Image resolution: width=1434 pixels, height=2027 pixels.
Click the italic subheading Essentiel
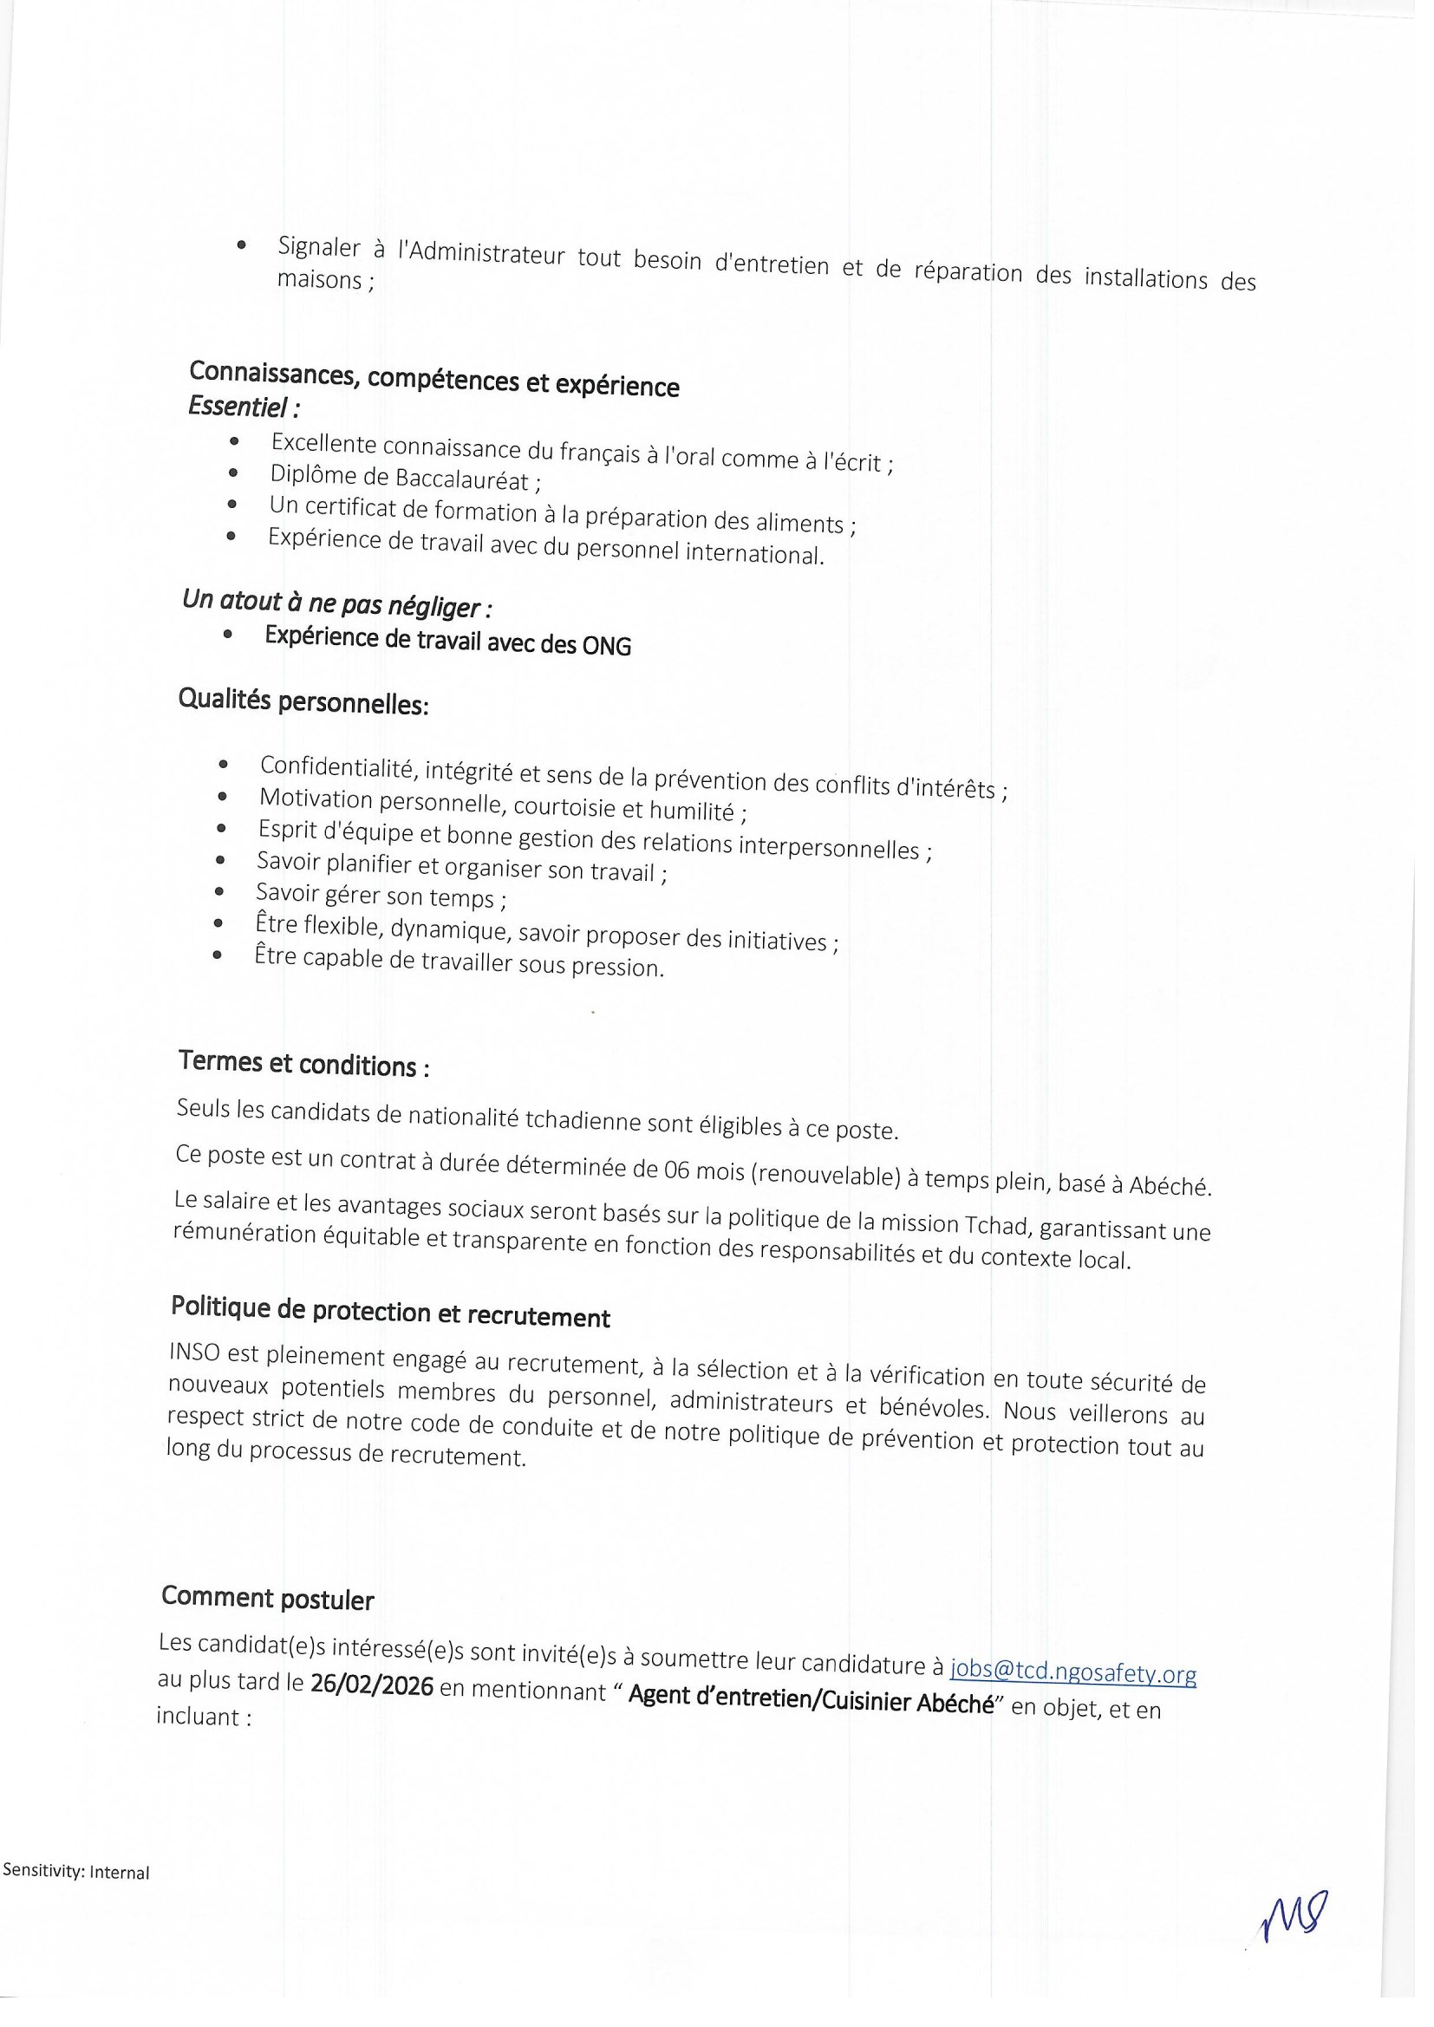point(244,407)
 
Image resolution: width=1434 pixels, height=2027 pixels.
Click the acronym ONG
point(607,646)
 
